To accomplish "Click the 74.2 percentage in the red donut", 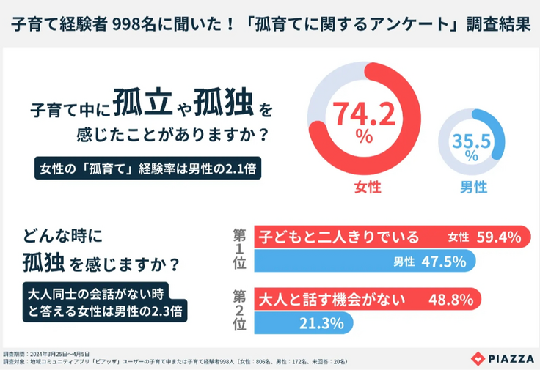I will pyautogui.click(x=364, y=114).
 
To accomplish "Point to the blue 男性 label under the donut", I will pyautogui.click(x=473, y=188).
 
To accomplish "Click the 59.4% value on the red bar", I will pyautogui.click(x=497, y=237).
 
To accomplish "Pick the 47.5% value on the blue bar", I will pyautogui.click(x=443, y=262).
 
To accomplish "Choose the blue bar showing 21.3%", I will pyautogui.click(x=304, y=323).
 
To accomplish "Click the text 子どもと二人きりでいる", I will pyautogui.click(x=338, y=237).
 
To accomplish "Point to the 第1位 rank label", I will pyautogui.click(x=238, y=249).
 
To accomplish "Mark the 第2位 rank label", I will pyautogui.click(x=238, y=311).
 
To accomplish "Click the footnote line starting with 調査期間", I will pyautogui.click(x=48, y=353).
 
